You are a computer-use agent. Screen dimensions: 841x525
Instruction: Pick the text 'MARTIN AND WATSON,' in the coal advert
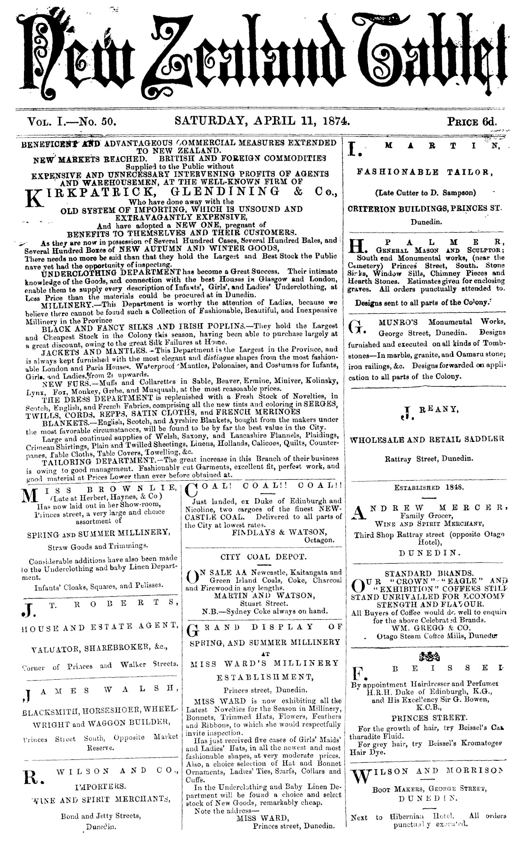tap(263, 595)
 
